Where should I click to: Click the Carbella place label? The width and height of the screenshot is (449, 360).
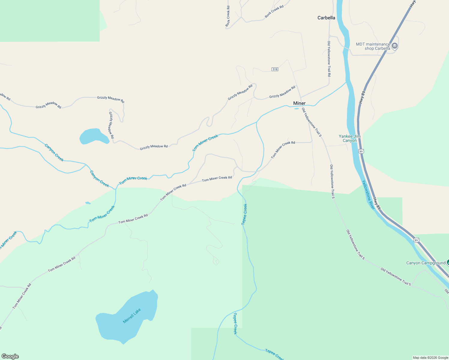pos(326,18)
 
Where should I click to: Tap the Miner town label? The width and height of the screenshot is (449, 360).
pos(299,103)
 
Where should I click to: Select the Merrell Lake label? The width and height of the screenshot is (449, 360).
pos(132,316)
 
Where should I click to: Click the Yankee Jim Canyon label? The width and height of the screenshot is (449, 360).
pos(350,138)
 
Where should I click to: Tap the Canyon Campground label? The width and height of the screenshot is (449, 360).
pos(426,263)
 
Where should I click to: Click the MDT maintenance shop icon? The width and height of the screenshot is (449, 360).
pos(395,46)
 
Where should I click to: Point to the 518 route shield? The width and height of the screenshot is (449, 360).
pos(275,69)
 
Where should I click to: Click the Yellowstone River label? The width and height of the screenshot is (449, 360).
pos(368,195)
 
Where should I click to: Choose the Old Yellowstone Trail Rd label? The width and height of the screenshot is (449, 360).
pos(329,59)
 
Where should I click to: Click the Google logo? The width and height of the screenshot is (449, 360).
pos(10,356)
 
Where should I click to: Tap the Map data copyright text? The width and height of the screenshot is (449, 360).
pos(430,358)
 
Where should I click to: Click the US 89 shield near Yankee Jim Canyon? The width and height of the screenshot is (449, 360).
pos(361,151)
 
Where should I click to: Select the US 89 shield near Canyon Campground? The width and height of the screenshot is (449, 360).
pos(416,240)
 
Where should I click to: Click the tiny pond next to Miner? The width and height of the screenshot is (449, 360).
pos(296,109)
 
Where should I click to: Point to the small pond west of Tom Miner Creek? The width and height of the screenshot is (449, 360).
pos(88,203)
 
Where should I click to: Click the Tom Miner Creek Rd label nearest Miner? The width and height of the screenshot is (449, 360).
pos(283,150)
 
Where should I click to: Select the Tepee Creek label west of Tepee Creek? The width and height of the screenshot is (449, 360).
pos(245,214)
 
